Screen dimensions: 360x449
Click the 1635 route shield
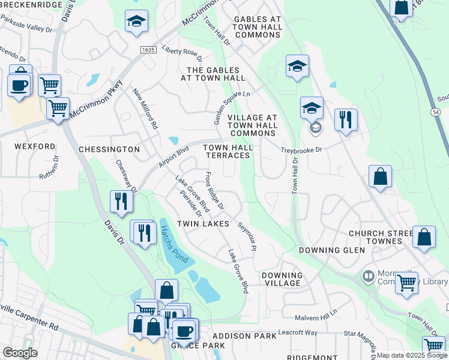148,49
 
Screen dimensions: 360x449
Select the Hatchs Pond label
174,243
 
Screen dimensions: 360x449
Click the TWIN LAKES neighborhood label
203,224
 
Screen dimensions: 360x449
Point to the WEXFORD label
35,146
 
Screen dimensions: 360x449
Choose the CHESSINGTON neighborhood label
109,149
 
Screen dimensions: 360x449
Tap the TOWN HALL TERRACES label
228,151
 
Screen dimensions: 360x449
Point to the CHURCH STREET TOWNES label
375,237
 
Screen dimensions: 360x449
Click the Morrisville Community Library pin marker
367,277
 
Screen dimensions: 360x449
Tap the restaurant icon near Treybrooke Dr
346,119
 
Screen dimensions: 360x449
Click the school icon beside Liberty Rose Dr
137,21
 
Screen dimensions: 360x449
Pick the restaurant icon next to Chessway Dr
121,202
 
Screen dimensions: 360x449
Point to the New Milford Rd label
145,109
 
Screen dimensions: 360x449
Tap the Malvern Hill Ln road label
316,317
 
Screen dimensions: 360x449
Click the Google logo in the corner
20,353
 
